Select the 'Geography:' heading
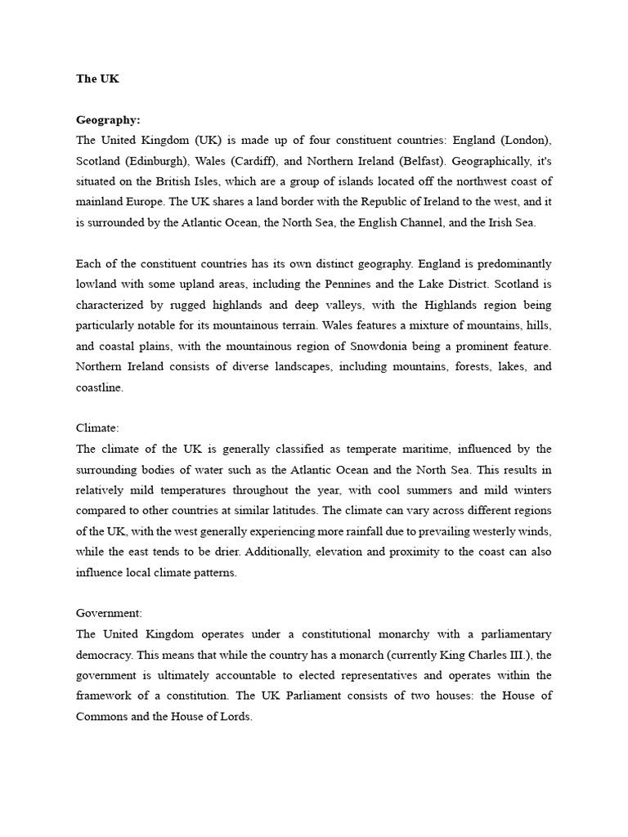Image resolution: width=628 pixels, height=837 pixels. point(108,119)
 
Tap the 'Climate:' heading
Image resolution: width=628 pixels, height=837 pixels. point(97,427)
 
